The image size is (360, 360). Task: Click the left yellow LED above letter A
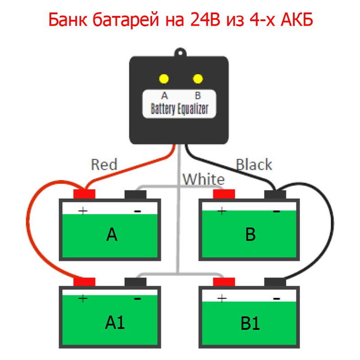pyautogui.click(x=164, y=79)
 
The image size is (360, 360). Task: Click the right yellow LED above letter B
pyautogui.click(x=198, y=79)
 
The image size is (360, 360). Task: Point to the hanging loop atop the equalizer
pyautogui.click(x=180, y=50)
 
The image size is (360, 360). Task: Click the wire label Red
pyautogui.click(x=104, y=165)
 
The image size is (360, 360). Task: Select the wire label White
pyautogui.click(x=203, y=180)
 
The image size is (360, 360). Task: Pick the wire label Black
pyautogui.click(x=254, y=165)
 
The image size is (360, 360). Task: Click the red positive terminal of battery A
pyautogui.click(x=84, y=194)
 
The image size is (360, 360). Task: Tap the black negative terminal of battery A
pyautogui.click(x=135, y=194)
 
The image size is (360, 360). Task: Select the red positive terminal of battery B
pyautogui.click(x=224, y=194)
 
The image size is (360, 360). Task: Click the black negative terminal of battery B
pyautogui.click(x=275, y=194)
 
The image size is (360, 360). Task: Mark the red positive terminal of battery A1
pyautogui.click(x=84, y=282)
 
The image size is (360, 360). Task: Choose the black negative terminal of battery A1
pyautogui.click(x=135, y=282)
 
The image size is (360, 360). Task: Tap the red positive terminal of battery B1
pyautogui.click(x=224, y=282)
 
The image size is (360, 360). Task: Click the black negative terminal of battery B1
pyautogui.click(x=275, y=282)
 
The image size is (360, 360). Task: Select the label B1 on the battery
pyautogui.click(x=250, y=323)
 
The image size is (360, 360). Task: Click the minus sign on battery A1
pyautogui.click(x=137, y=298)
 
